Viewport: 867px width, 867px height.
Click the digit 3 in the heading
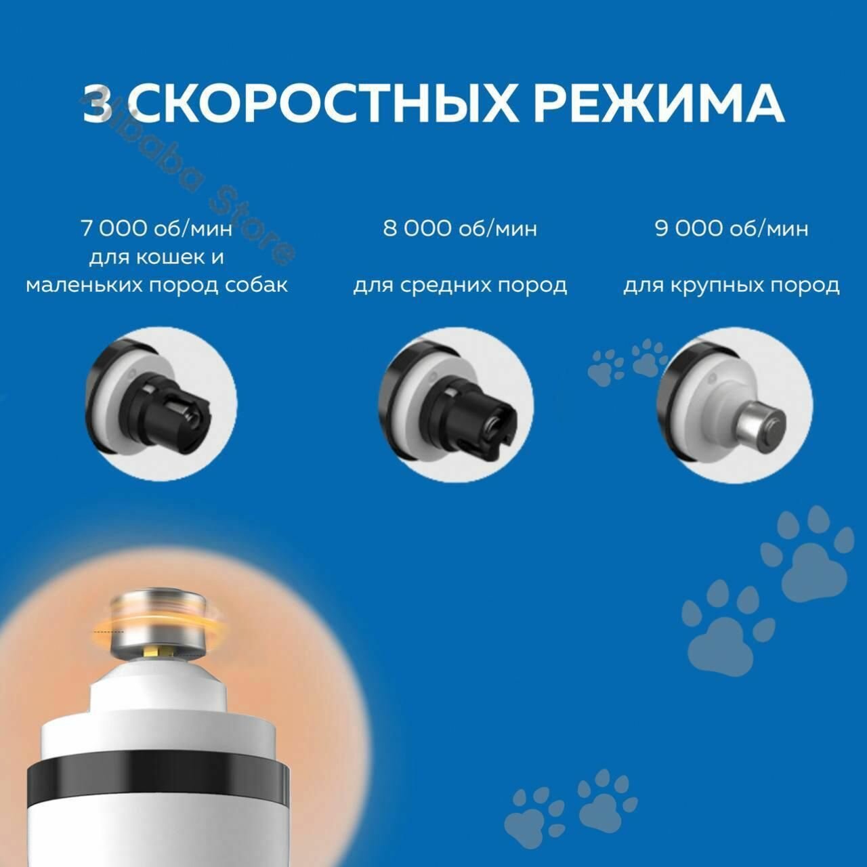(98, 103)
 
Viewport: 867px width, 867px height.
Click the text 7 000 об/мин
(156, 228)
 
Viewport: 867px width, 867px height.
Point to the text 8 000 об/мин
(460, 228)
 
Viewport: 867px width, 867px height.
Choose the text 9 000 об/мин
(732, 228)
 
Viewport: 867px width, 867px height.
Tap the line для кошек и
(156, 258)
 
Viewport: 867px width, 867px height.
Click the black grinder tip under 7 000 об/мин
(174, 413)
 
